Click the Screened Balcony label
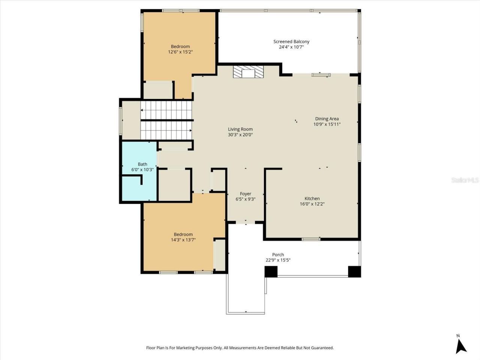pos(291,42)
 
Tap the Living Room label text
pos(240,129)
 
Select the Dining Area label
pos(327,119)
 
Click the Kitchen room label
pos(312,199)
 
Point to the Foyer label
pos(245,194)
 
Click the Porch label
pos(278,255)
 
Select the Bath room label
pos(142,164)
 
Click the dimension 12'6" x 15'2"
pos(180,52)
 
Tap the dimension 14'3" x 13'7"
pos(183,240)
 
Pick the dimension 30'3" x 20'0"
pos(240,135)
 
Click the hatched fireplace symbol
pos(248,72)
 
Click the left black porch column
pos(271,271)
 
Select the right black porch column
pos(354,271)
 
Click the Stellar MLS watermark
pos(465,180)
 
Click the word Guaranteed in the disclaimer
pos(322,348)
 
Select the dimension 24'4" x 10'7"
pos(291,47)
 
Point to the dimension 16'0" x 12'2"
pos(312,204)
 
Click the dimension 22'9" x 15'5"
pos(278,260)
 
